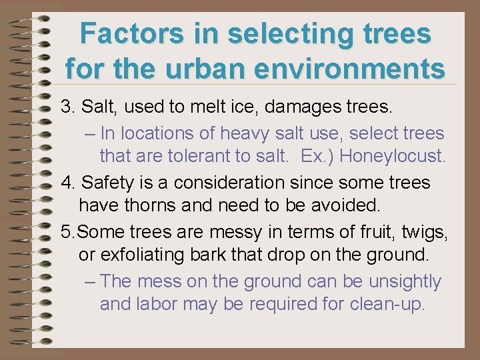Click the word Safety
click(x=105, y=182)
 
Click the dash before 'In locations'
click(x=91, y=133)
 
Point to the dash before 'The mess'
click(x=91, y=281)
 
